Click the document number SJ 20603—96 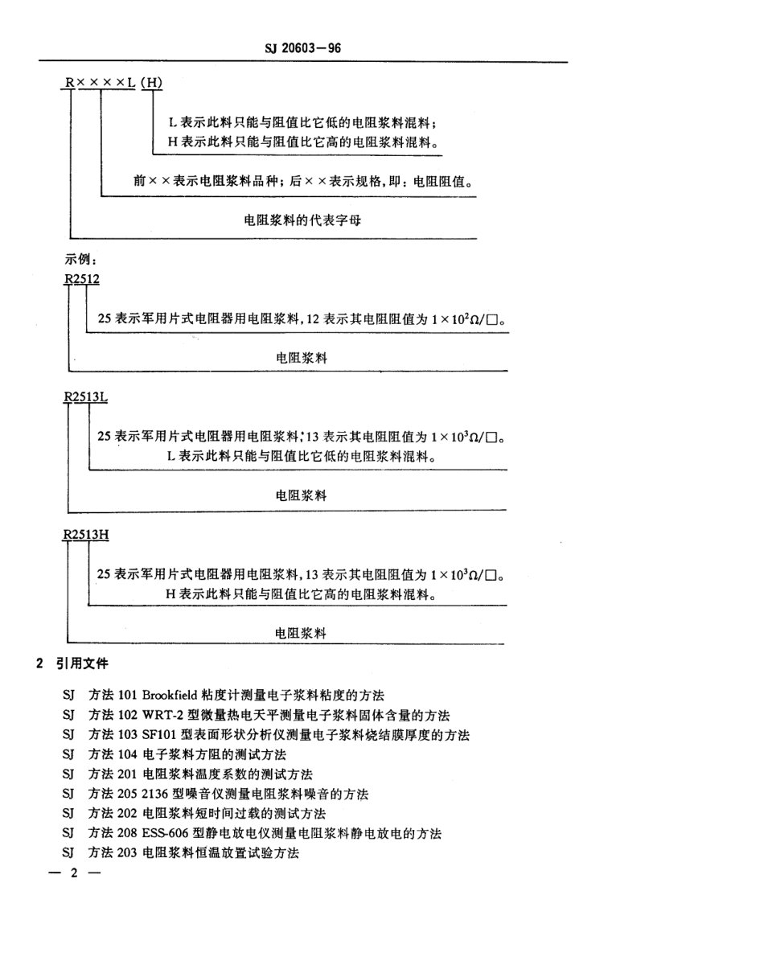(x=303, y=48)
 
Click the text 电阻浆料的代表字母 (x=302, y=219)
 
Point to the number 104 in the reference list (x=129, y=754)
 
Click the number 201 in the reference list (x=129, y=774)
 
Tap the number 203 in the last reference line (x=129, y=853)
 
